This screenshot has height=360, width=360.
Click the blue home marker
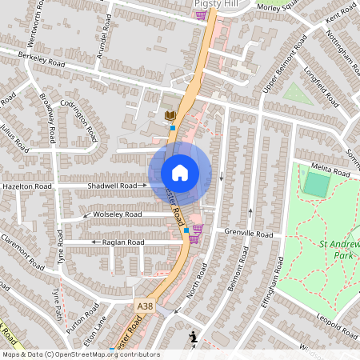pyautogui.click(x=180, y=173)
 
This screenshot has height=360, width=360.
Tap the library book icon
pyautogui.click(x=170, y=118)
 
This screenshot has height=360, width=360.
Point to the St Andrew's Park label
pyautogui.click(x=337, y=250)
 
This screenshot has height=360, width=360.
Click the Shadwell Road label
pyautogui.click(x=116, y=185)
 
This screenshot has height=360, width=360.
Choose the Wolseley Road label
pyautogui.click(x=117, y=214)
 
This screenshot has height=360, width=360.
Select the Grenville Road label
pyautogui.click(x=249, y=234)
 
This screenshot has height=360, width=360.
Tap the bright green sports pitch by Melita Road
pyautogui.click(x=317, y=185)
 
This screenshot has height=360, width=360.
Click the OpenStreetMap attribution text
pyautogui.click(x=81, y=354)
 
